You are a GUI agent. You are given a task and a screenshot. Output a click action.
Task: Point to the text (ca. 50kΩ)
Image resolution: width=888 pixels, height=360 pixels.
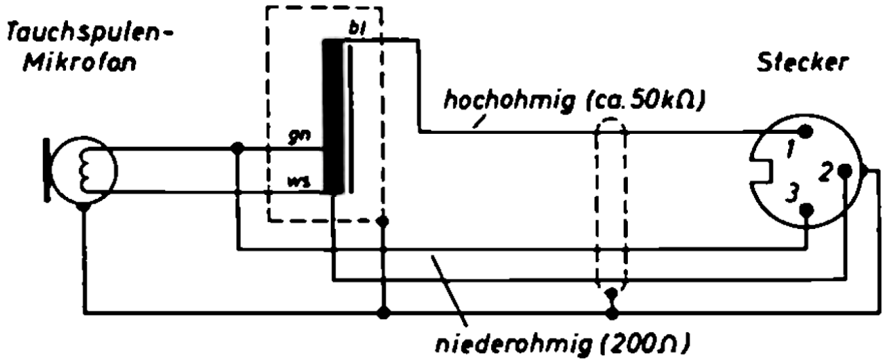642,102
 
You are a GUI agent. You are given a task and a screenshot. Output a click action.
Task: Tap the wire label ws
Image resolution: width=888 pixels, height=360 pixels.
298,184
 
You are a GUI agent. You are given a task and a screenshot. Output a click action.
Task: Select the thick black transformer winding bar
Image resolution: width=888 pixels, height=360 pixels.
332,116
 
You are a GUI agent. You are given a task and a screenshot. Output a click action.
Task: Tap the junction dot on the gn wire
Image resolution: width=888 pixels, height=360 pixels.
237,148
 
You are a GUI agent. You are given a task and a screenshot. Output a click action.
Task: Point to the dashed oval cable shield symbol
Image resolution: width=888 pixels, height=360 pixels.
611,208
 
